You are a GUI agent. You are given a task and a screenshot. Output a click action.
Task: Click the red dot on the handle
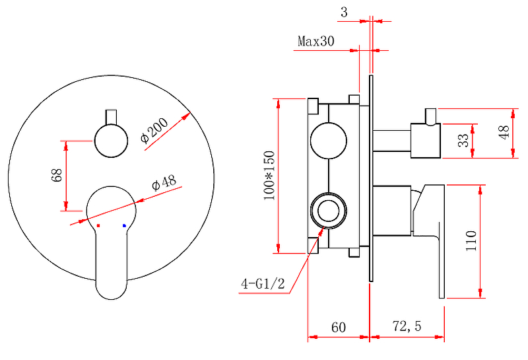pyautogui.click(x=98, y=225)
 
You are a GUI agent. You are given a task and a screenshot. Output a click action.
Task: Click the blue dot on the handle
pyautogui.click(x=124, y=225)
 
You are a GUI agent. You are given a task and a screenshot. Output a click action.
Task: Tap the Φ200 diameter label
pyautogui.click(x=154, y=130)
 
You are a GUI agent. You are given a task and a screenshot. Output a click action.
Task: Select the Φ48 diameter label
pyautogui.click(x=164, y=182)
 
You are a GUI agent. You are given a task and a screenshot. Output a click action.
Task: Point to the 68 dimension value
pyautogui.click(x=57, y=175)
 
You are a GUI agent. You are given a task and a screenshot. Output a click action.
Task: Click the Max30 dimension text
pyautogui.click(x=316, y=41)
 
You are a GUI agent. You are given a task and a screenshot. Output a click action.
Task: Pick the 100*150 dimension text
pyautogui.click(x=269, y=176)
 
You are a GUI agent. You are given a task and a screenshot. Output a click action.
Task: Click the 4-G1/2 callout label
pyautogui.click(x=263, y=284)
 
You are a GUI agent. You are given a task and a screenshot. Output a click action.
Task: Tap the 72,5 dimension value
pyautogui.click(x=407, y=326)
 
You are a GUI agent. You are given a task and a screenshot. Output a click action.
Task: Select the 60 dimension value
pyautogui.click(x=339, y=327)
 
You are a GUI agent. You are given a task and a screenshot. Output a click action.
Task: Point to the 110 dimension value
pyautogui.click(x=471, y=240)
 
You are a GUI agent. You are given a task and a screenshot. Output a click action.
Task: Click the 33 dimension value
pyautogui.click(x=463, y=140)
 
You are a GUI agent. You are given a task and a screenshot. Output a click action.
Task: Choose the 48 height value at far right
pyautogui.click(x=504, y=133)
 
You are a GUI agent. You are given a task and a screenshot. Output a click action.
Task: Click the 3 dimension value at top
pyautogui.click(x=344, y=13)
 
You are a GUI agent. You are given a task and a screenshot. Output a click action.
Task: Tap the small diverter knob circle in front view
pyautogui.click(x=111, y=141)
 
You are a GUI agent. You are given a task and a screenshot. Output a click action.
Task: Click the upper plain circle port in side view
pyautogui.click(x=328, y=141)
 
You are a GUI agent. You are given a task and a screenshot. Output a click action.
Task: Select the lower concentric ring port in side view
pyautogui.click(x=328, y=211)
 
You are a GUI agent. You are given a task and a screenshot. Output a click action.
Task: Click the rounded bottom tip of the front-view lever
pyautogui.click(x=112, y=299)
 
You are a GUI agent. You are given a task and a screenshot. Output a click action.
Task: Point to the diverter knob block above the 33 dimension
pyautogui.click(x=426, y=140)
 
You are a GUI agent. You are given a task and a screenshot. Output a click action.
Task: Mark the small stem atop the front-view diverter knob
pyautogui.click(x=111, y=118)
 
